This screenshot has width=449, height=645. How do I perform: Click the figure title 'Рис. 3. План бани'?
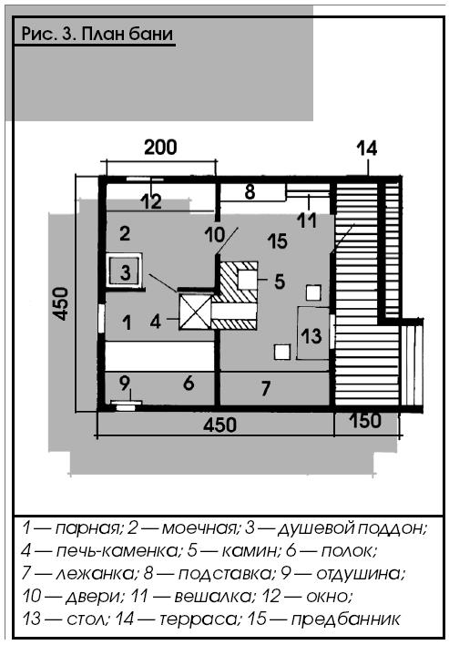coord(97,34)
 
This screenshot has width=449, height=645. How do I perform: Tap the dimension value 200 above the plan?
coord(161,148)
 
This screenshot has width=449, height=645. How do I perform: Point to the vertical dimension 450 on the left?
coord(61,303)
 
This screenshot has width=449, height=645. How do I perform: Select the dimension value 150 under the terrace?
coord(365,421)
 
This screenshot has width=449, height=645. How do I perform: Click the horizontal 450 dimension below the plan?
coord(220,425)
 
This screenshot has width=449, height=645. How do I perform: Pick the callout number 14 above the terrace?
coord(367,148)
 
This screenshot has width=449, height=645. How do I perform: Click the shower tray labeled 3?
coord(125,270)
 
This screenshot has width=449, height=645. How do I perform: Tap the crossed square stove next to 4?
coord(195,312)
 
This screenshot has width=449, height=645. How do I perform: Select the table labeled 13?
coord(313,333)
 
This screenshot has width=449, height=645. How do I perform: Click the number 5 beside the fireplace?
coord(280,282)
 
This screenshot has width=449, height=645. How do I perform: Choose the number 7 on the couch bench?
coord(266,388)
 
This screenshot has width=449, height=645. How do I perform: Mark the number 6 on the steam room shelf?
coord(189,383)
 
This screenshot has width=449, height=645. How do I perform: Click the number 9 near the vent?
coord(125,383)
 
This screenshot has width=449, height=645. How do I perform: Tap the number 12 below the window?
coord(152,202)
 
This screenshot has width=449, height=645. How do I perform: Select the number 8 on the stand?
coord(250,192)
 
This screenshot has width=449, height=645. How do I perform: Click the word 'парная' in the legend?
coord(88,528)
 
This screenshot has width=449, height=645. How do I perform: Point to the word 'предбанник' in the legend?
coord(346,619)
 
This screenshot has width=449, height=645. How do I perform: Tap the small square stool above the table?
coord(313,292)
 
